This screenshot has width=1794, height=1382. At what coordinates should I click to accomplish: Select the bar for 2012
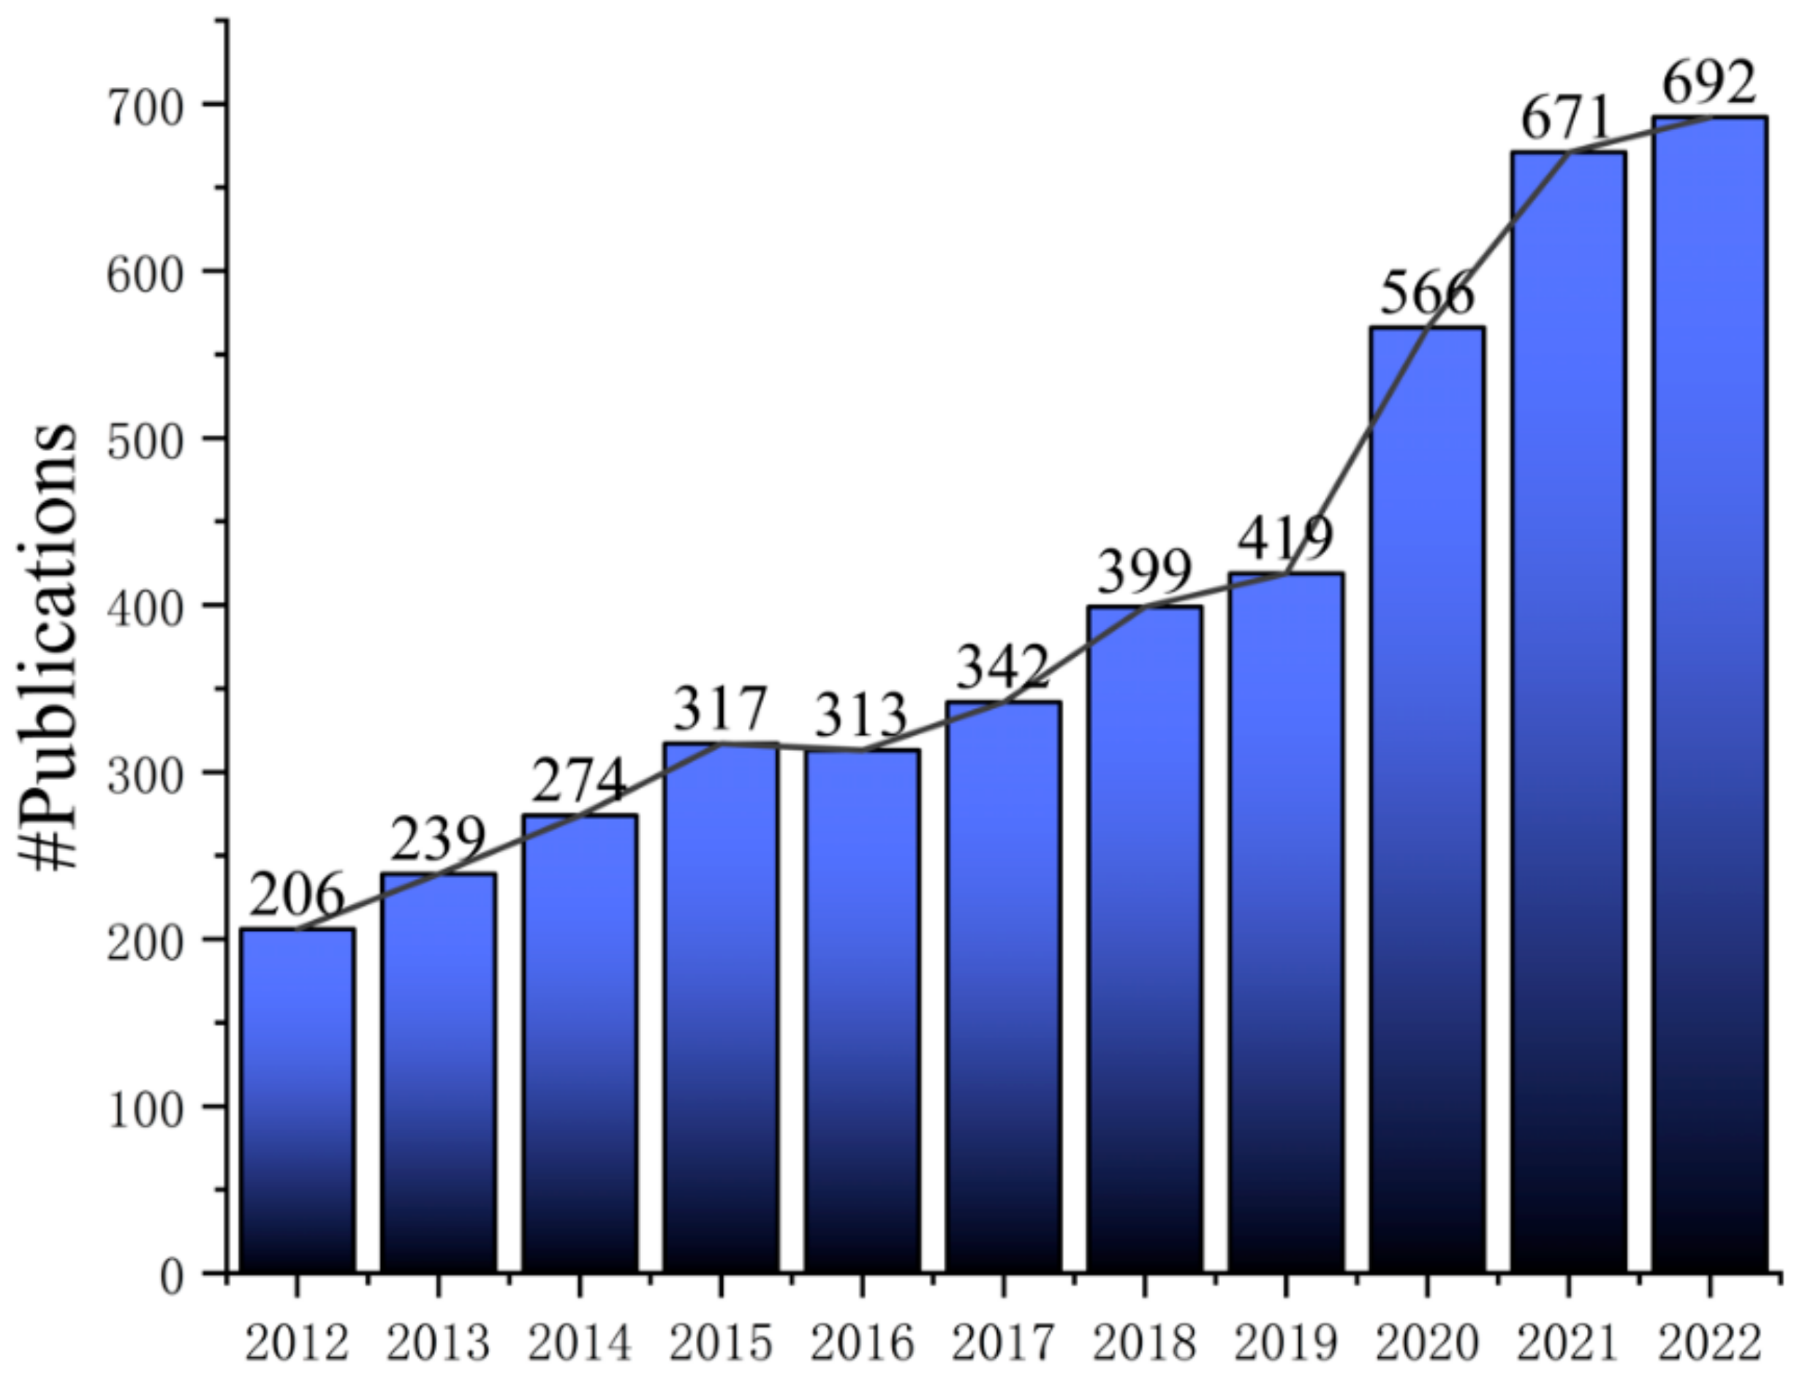298,1101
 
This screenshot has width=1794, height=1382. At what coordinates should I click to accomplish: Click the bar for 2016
862,1011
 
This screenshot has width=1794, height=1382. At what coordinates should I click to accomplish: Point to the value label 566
1427,295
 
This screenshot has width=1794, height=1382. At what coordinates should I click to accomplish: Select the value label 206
298,896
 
